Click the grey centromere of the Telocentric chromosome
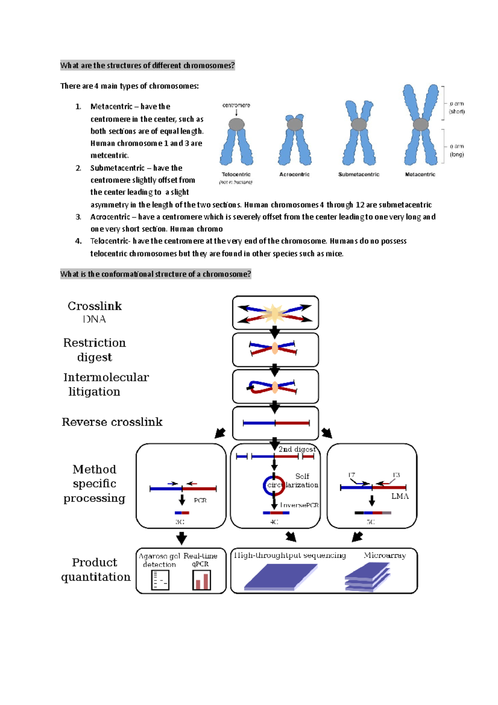pyautogui.click(x=237, y=124)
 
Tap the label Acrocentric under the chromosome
pyautogui.click(x=294, y=174)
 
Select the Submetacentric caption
pyautogui.click(x=359, y=174)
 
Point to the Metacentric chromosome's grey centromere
pyautogui.click(x=420, y=124)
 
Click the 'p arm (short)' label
pyautogui.click(x=457, y=108)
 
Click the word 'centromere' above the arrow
pyautogui.click(x=236, y=105)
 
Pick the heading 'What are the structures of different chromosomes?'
pyautogui.click(x=147, y=65)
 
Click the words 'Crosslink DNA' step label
pyautogui.click(x=95, y=312)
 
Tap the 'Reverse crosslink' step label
pyautogui.click(x=112, y=422)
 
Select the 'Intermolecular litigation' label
pyautogui.click(x=106, y=384)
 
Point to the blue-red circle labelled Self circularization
pyautogui.click(x=274, y=485)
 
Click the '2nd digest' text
pyautogui.click(x=297, y=449)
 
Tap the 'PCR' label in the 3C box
pyautogui.click(x=200, y=500)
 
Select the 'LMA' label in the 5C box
pyautogui.click(x=400, y=496)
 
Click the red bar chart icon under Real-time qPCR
pyautogui.click(x=202, y=580)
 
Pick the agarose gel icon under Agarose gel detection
pyautogui.click(x=160, y=580)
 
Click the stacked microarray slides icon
pyautogui.click(x=367, y=577)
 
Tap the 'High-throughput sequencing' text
pyautogui.click(x=290, y=556)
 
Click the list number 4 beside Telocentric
pyautogui.click(x=78, y=241)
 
